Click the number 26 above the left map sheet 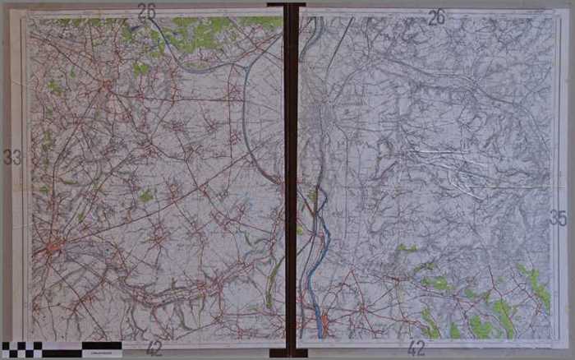click(x=147, y=12)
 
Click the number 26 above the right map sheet click(x=437, y=16)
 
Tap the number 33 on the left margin click(x=11, y=157)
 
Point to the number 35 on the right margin click(x=558, y=218)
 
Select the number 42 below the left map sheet click(x=154, y=348)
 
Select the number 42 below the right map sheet click(x=416, y=348)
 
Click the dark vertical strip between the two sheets click(x=290, y=164)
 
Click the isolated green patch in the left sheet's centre click(x=145, y=196)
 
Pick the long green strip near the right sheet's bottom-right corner click(x=539, y=288)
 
